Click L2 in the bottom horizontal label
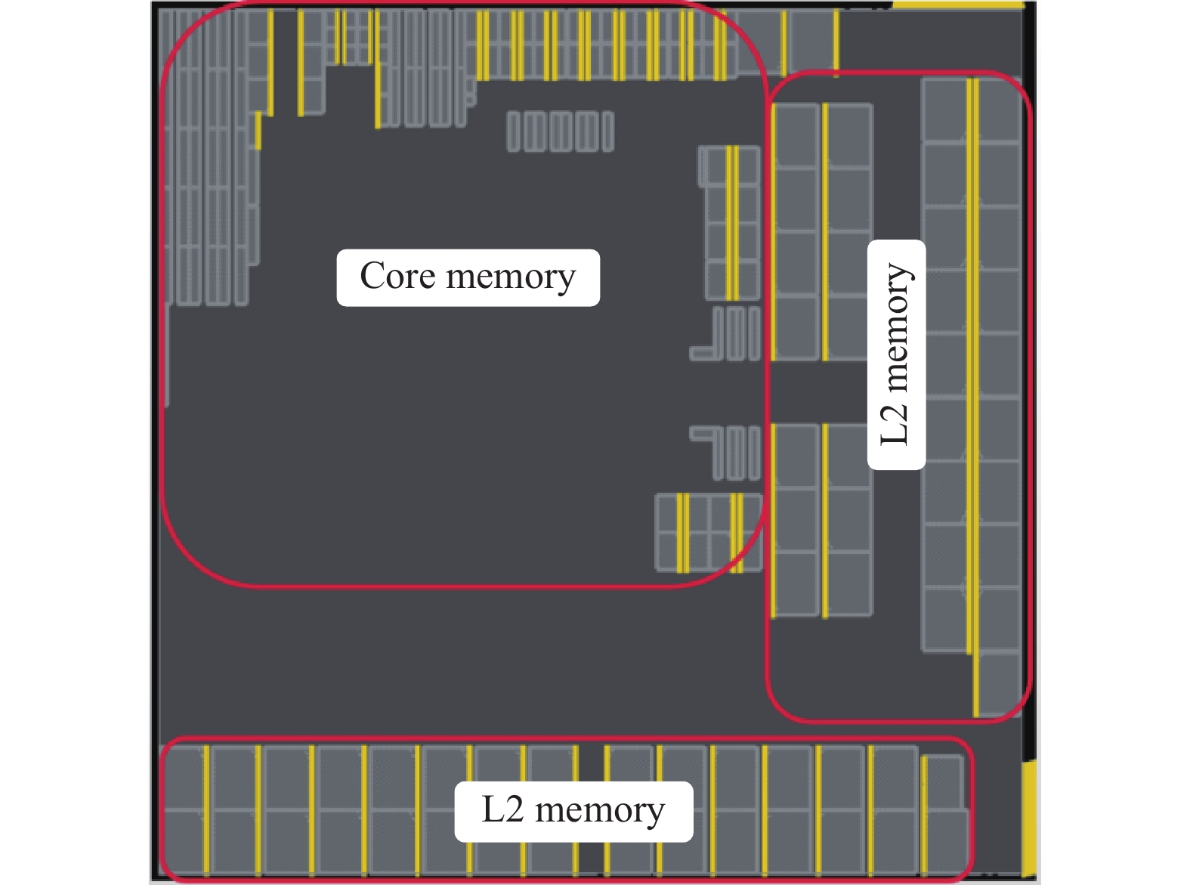tap(502, 811)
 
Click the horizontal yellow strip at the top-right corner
tap(958, 5)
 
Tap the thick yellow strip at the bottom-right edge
tap(1029, 816)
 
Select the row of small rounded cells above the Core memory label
tap(560, 132)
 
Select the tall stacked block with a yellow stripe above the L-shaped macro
tap(731, 224)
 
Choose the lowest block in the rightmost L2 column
tap(999, 684)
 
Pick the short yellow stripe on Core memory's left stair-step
tap(258, 131)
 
